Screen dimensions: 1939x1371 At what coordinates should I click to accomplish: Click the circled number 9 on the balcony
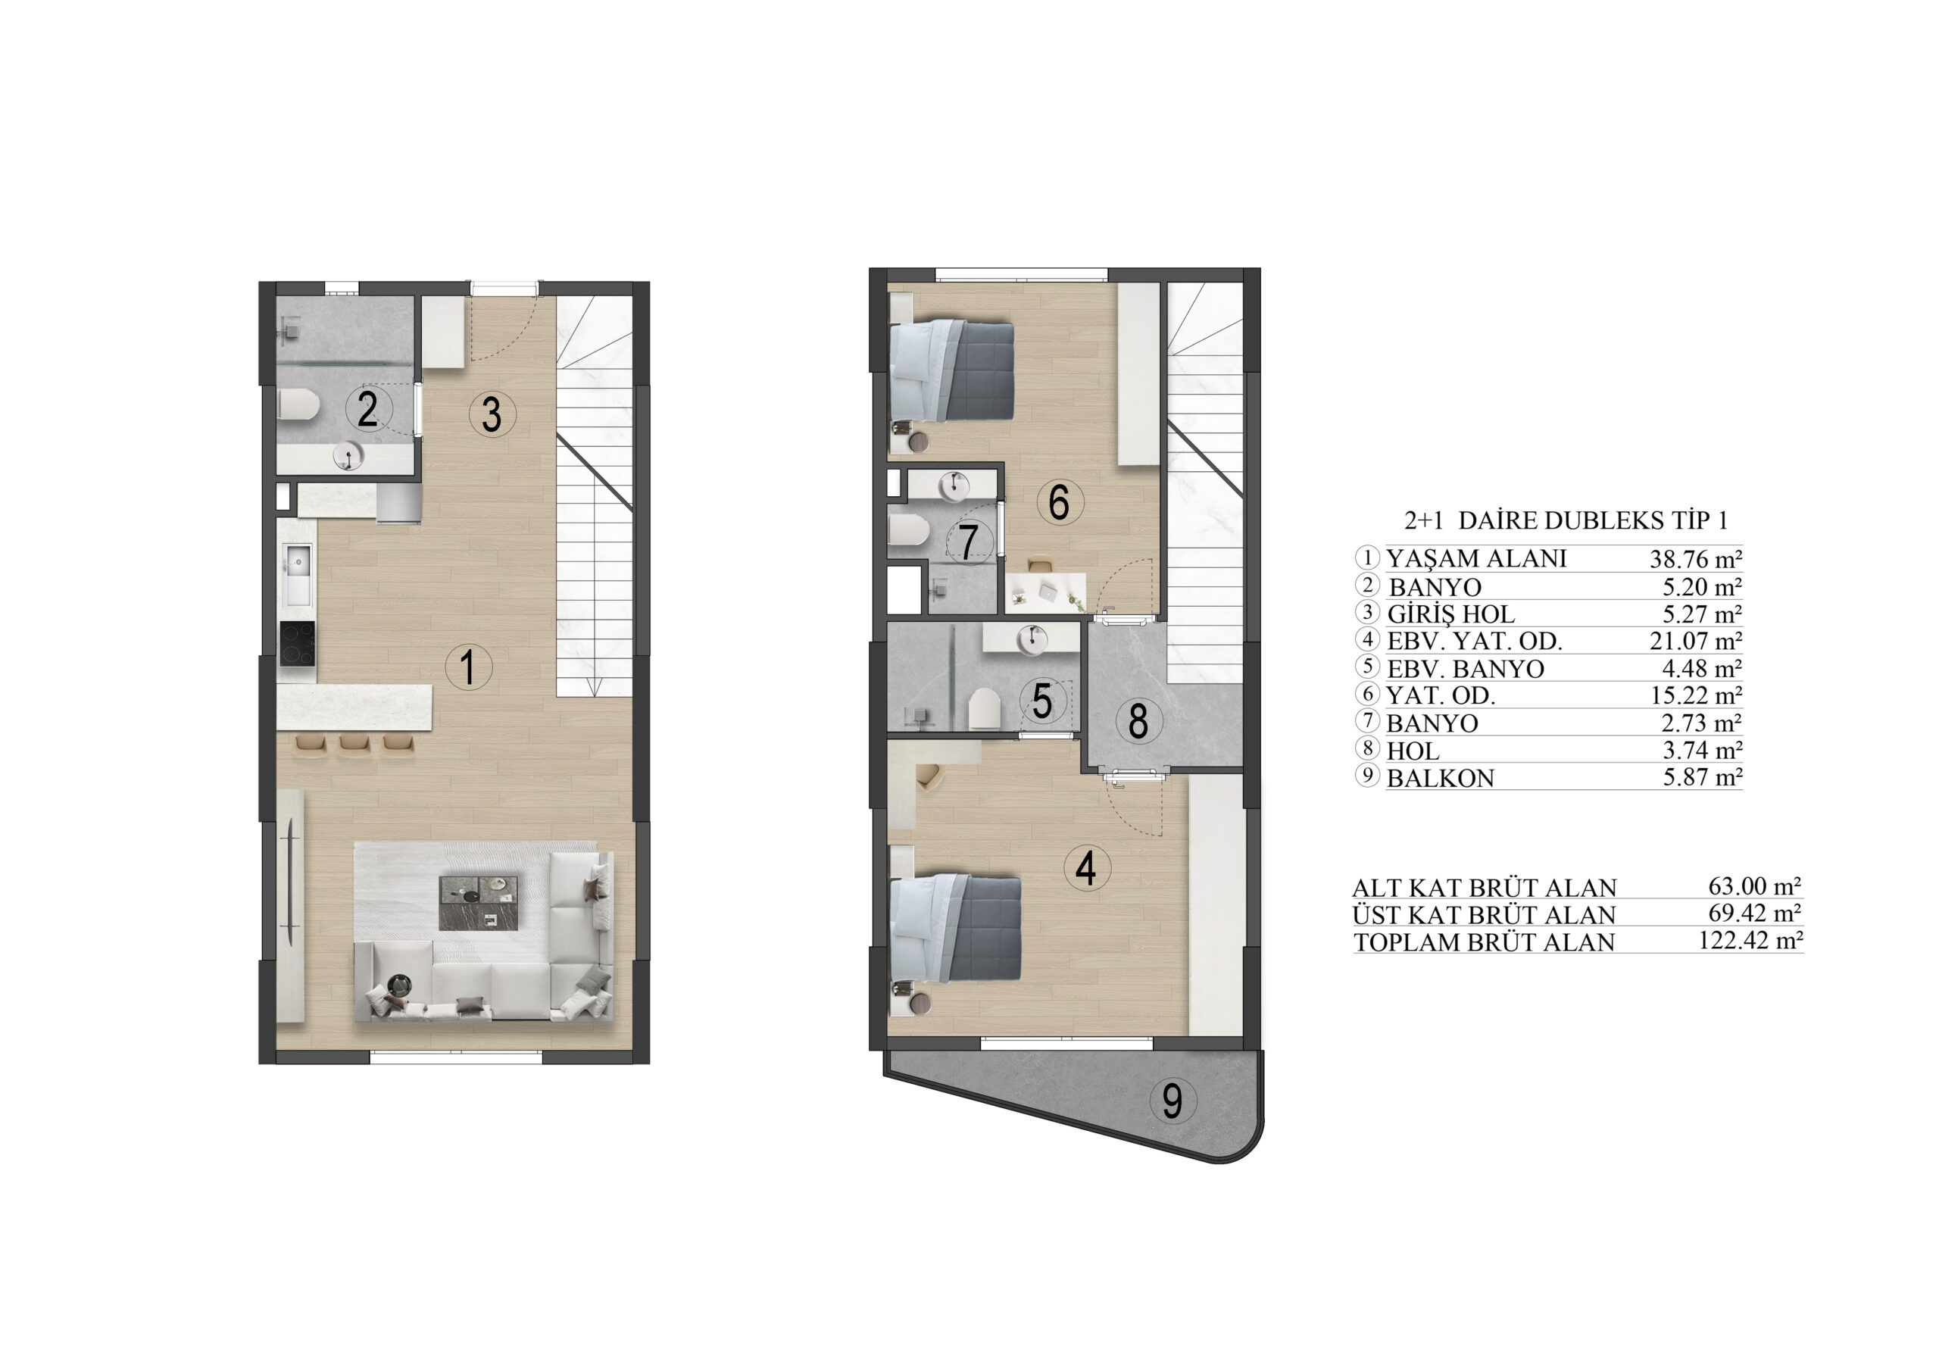(x=1172, y=1100)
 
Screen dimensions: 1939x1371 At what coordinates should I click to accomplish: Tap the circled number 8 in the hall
(x=1138, y=721)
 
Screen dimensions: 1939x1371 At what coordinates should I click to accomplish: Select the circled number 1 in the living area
(x=469, y=667)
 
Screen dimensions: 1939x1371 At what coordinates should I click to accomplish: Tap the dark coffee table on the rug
(x=479, y=903)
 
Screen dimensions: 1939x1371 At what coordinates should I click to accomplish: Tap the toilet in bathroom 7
(x=909, y=530)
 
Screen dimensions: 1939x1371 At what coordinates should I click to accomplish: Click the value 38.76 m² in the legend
(x=1696, y=558)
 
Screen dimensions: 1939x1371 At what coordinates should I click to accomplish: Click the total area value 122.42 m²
(x=1750, y=940)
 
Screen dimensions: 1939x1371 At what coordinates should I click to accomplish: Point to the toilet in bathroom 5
(x=982, y=709)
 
